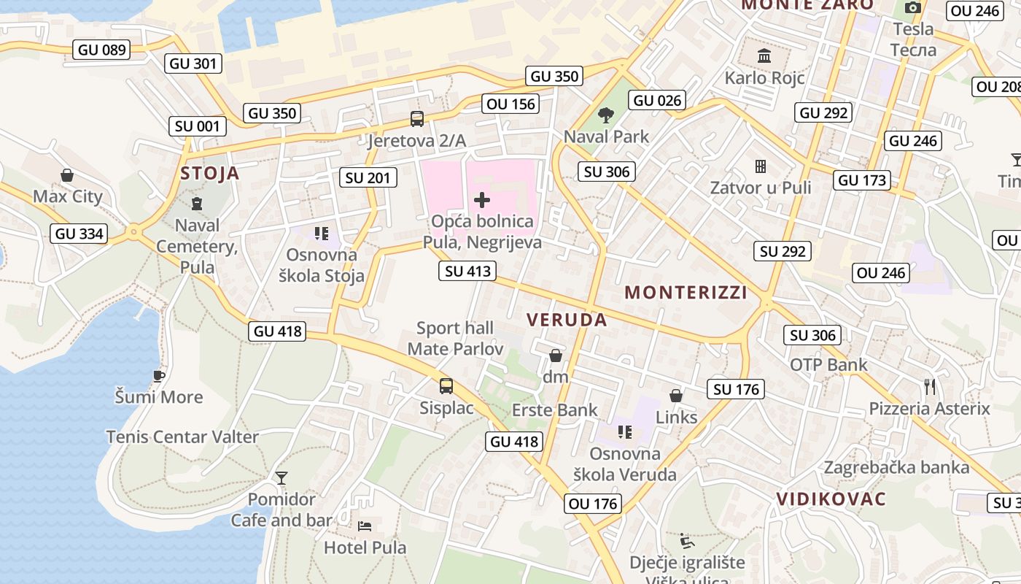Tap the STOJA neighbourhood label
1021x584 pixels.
(210, 173)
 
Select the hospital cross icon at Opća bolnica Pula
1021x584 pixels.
(482, 199)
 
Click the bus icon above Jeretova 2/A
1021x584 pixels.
(417, 119)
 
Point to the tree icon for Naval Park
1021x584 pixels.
(605, 115)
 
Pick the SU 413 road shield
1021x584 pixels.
(468, 272)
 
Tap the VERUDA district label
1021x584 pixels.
(567, 320)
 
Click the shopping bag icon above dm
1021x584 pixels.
(556, 356)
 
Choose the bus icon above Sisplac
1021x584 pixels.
(446, 386)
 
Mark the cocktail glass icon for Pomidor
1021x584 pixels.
(282, 478)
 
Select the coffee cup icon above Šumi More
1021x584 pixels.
(158, 376)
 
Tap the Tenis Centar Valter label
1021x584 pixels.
(182, 437)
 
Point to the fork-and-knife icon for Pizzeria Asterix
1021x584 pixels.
(929, 386)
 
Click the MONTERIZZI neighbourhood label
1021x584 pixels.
(686, 293)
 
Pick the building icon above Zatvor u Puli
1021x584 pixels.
(761, 166)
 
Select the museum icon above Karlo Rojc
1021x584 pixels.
(764, 56)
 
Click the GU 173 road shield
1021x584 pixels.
(863, 180)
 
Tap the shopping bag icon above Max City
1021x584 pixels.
(67, 175)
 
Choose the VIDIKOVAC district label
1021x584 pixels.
(831, 499)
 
